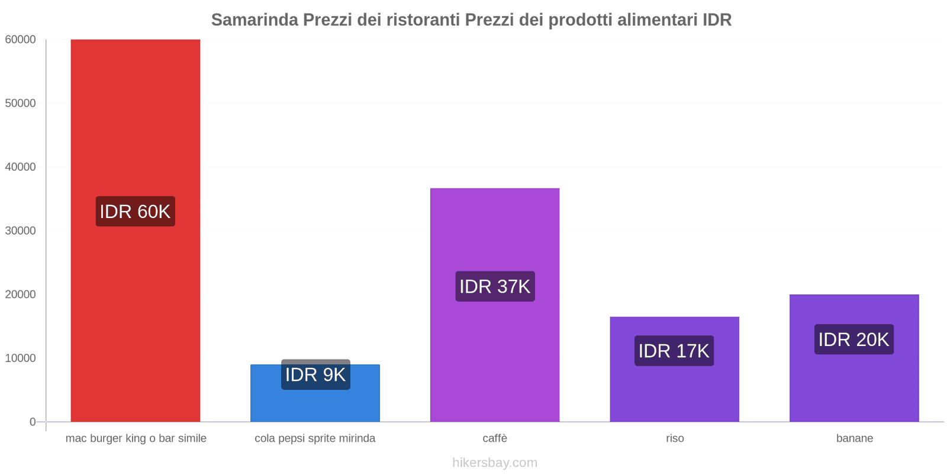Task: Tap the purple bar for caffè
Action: pos(495,355)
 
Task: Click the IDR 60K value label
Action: pos(136,212)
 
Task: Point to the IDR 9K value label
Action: pos(315,374)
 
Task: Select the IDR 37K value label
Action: pos(495,287)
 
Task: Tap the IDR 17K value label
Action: pos(674,351)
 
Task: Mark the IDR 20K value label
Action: pos(854,340)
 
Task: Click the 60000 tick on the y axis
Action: pos(21,40)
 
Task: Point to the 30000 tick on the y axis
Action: pos(21,231)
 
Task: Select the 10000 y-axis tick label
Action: pos(21,358)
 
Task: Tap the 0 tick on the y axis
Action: pos(33,422)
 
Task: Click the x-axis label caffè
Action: pos(495,438)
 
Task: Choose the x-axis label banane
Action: pos(855,438)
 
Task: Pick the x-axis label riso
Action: pos(675,438)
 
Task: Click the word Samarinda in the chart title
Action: pos(255,20)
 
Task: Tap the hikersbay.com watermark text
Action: pos(495,463)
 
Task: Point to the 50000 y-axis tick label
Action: pos(21,104)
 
